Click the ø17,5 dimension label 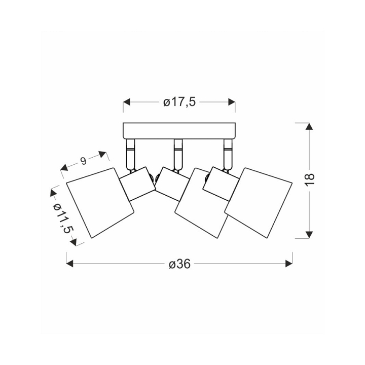(179, 102)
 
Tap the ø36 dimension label (179, 264)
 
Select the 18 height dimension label (310, 179)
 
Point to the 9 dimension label (83, 161)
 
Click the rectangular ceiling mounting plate (179, 131)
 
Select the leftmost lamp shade (100, 203)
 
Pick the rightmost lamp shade (259, 202)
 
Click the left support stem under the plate (130, 154)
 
